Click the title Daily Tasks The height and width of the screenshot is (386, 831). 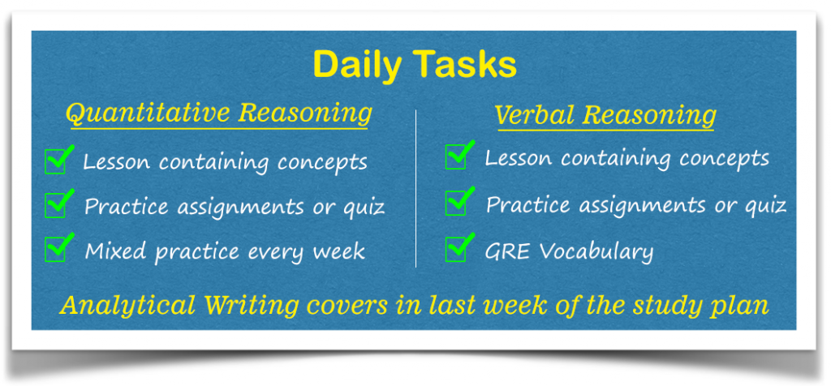[414, 65]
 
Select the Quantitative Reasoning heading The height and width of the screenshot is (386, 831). [218, 113]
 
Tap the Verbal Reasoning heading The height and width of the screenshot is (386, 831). [605, 116]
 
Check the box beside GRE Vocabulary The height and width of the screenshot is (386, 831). [456, 250]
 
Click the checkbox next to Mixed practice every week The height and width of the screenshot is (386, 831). [56, 249]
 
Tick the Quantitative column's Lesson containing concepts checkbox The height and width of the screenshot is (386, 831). [56, 161]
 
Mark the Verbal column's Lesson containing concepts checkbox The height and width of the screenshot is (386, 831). [456, 157]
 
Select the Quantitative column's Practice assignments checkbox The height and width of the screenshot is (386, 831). [56, 205]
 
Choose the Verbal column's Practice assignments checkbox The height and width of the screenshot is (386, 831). [456, 204]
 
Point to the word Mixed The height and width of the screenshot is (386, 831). [114, 250]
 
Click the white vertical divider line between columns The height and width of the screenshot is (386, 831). [415, 187]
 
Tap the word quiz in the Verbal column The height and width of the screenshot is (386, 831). [764, 206]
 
